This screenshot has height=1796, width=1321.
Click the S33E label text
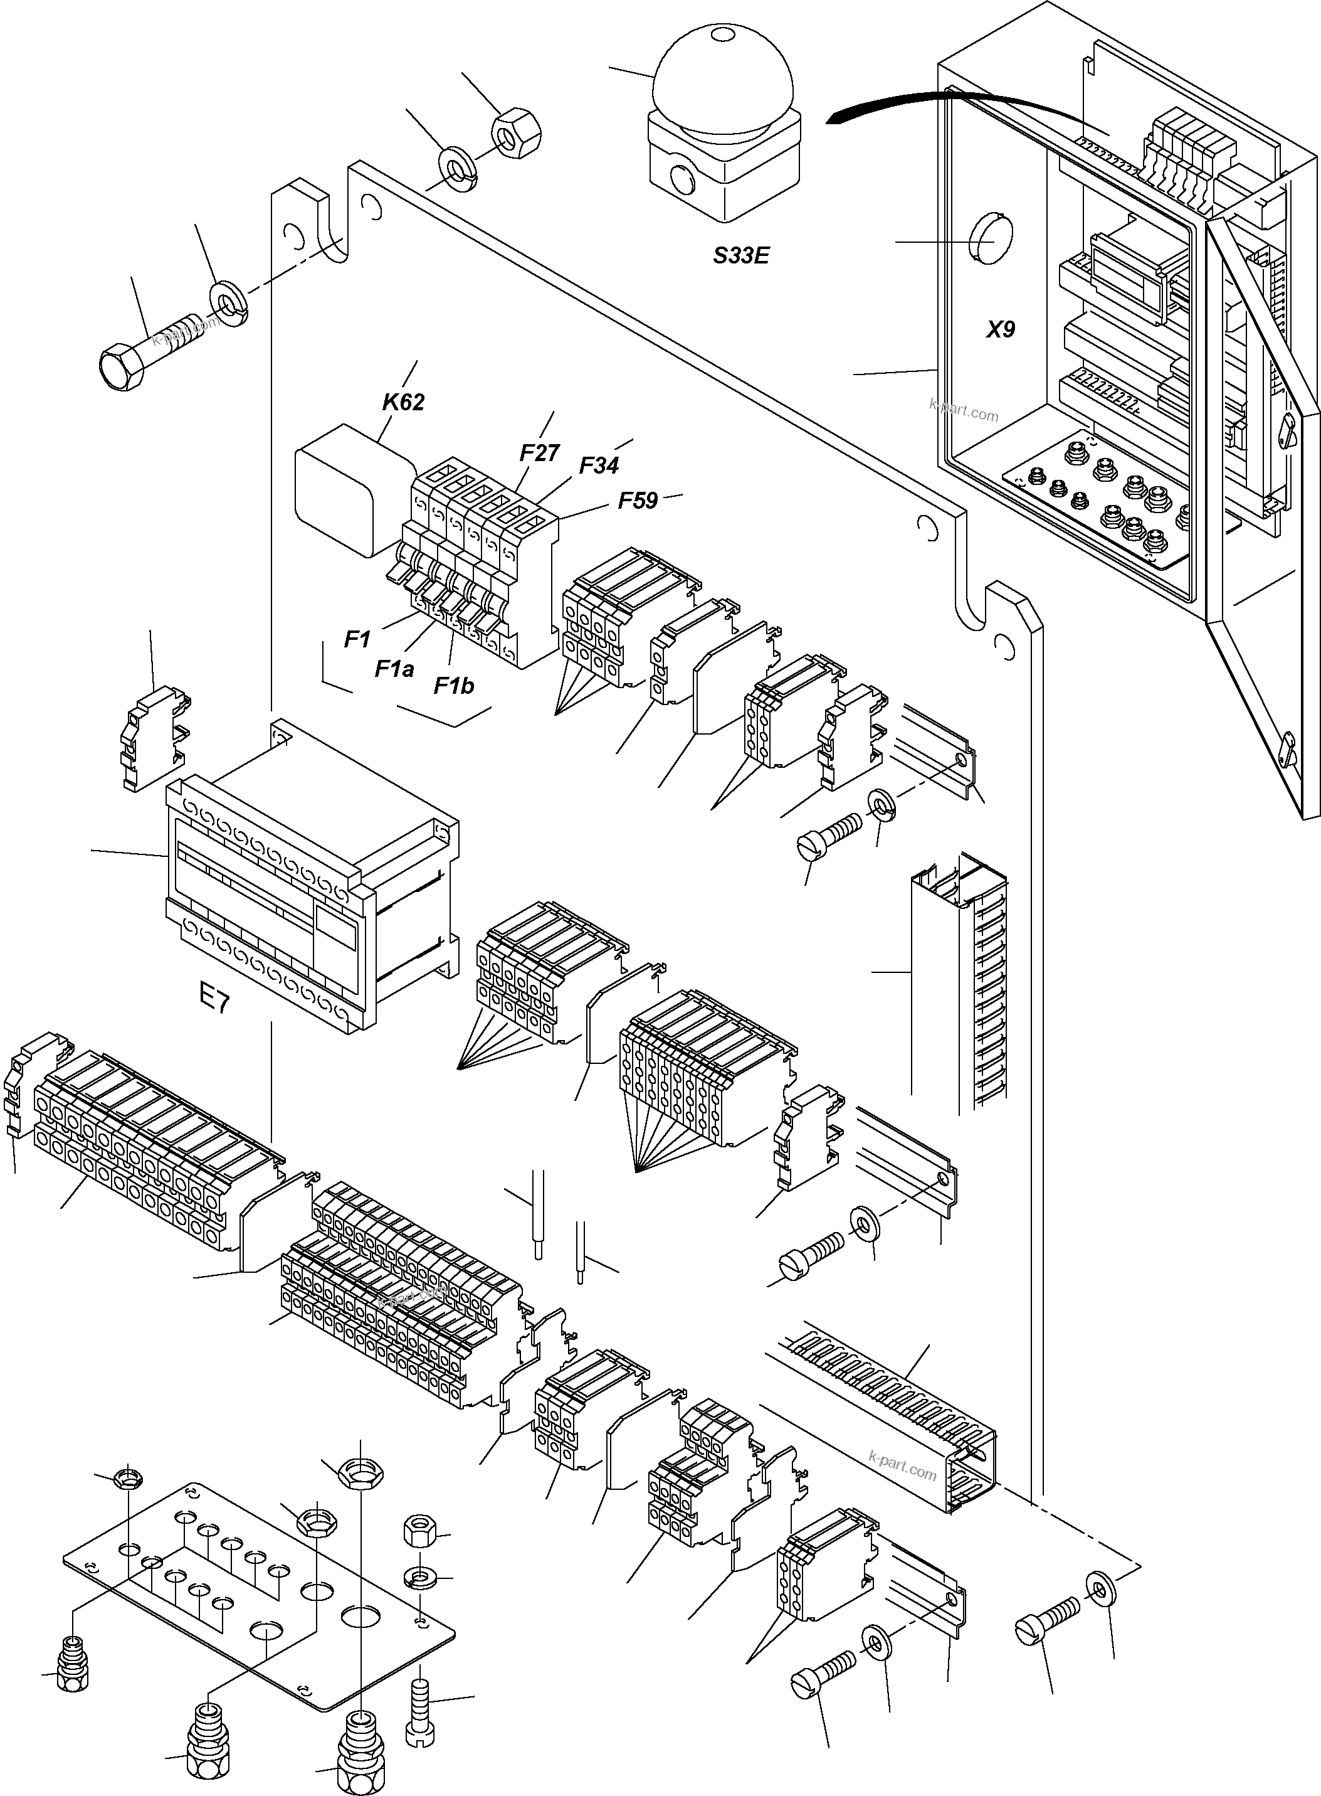click(740, 256)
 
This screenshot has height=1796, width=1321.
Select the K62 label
click(403, 402)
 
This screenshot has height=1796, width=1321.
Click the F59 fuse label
click(638, 501)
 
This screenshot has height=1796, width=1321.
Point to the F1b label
click(453, 686)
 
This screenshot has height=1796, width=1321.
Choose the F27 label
click(539, 454)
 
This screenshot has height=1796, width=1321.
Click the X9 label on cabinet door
click(999, 329)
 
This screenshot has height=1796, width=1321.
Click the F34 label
click(598, 465)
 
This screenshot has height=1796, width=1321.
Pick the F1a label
click(394, 669)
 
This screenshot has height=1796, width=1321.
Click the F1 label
click(357, 639)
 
